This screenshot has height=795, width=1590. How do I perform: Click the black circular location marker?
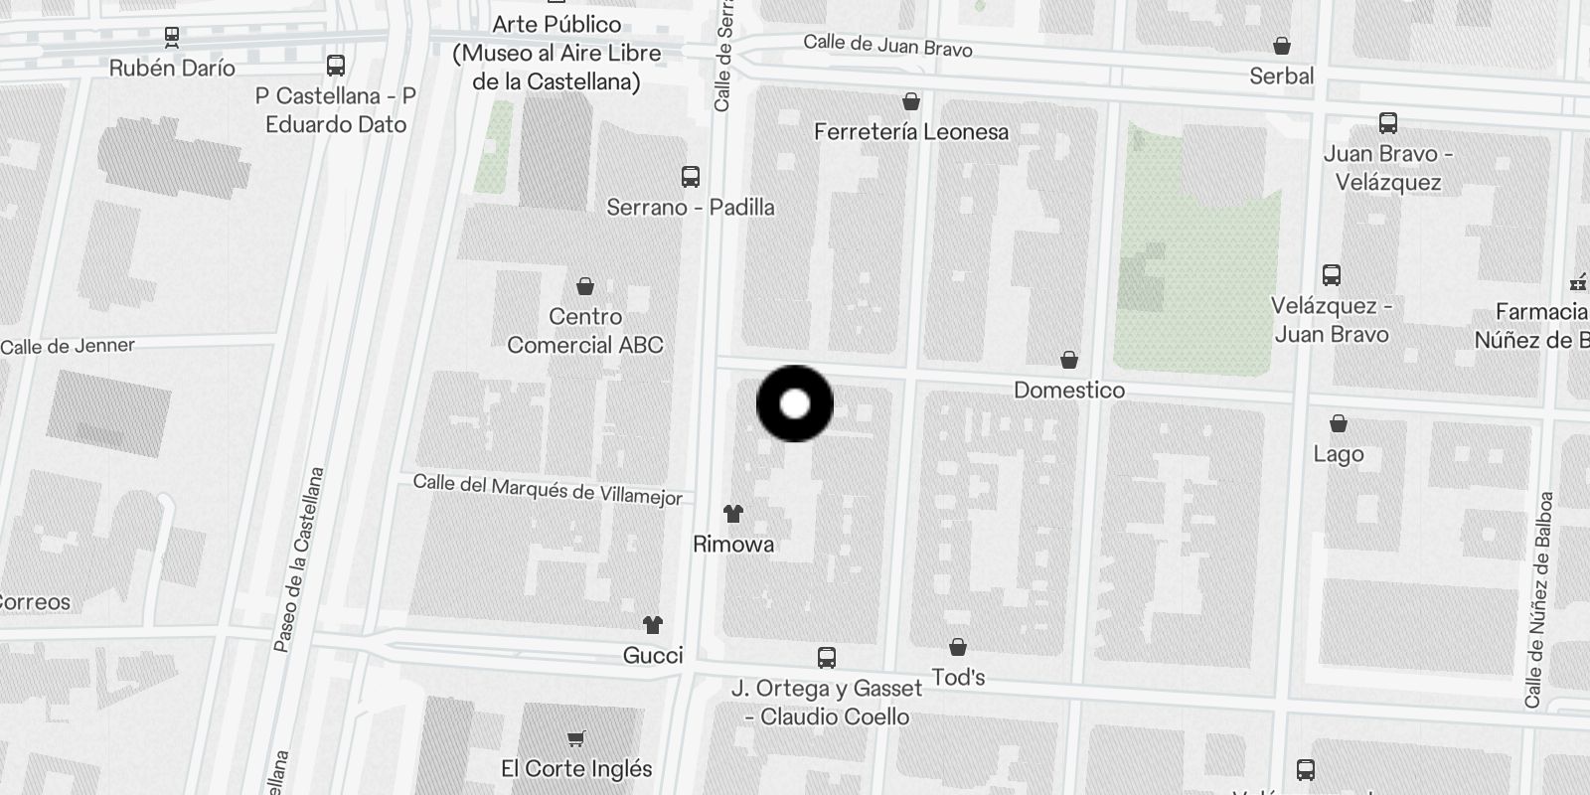(795, 403)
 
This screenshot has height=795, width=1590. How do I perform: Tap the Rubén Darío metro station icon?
(172, 37)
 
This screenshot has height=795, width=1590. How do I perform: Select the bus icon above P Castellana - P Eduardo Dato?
(336, 66)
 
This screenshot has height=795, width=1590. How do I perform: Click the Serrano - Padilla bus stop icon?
(691, 177)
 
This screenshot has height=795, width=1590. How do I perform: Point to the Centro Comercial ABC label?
(585, 331)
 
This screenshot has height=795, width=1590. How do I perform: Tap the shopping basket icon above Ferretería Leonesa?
(910, 101)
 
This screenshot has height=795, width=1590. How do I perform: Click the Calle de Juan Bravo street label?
(887, 45)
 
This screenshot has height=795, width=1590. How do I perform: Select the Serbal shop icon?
(1282, 46)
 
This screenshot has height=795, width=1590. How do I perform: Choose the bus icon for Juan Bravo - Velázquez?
(1388, 123)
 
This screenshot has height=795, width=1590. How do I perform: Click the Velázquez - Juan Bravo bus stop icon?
(1332, 275)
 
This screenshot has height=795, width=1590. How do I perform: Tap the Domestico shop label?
(1069, 391)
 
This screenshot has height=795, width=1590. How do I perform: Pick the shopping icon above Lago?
(1339, 424)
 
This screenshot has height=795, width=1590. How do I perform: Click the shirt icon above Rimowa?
(733, 514)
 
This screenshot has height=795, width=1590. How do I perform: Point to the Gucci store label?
(653, 655)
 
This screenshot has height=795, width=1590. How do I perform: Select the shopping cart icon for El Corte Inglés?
(576, 738)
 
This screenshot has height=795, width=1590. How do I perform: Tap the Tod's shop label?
(958, 678)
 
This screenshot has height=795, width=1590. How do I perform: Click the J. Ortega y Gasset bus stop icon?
(826, 657)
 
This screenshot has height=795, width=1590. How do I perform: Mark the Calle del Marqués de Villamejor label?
(548, 489)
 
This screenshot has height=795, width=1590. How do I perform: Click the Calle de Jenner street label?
(68, 346)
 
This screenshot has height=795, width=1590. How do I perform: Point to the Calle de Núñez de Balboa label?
(1538, 599)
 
